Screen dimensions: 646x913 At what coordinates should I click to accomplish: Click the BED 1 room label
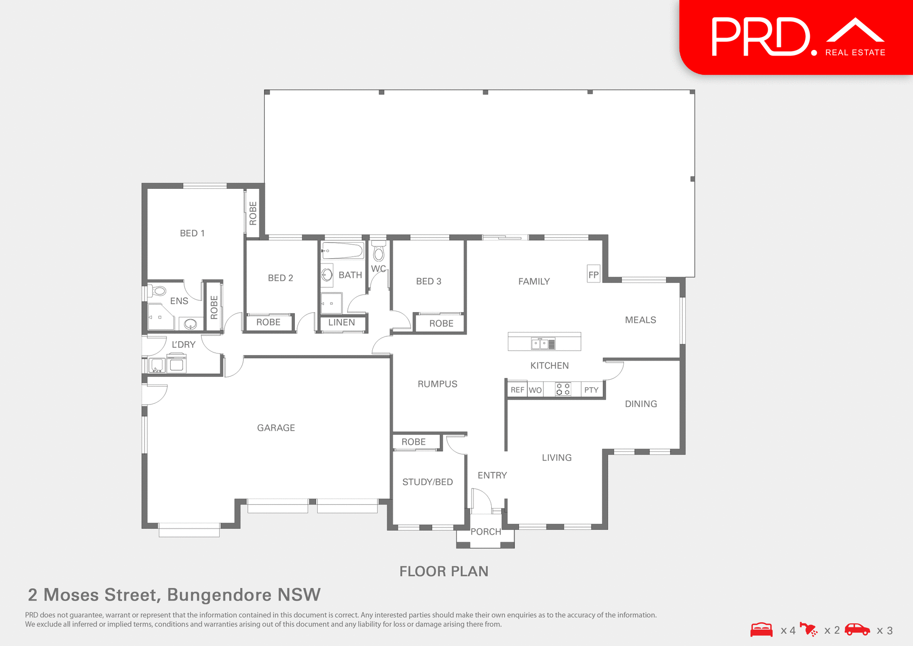point(192,233)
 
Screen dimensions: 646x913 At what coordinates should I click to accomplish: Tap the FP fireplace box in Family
point(593,274)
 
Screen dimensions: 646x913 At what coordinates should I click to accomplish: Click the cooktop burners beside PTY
point(563,389)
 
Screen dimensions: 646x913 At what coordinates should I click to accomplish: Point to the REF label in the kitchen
point(517,390)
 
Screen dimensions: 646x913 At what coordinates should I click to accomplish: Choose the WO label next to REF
point(535,390)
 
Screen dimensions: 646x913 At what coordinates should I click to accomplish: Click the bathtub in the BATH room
point(342,250)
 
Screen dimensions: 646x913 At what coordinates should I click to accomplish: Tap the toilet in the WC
point(379,252)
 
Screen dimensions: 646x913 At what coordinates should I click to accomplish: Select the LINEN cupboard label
point(341,322)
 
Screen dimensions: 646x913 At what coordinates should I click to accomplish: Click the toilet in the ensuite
point(158,291)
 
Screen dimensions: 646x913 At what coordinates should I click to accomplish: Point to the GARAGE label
point(276,428)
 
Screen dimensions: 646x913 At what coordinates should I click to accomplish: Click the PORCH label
point(486,531)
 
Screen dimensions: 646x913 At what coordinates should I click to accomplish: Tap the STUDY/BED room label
point(427,482)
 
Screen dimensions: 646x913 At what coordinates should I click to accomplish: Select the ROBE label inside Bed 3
point(441,323)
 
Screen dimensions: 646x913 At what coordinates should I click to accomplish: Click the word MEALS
point(640,320)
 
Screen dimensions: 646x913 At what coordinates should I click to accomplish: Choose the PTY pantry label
point(591,390)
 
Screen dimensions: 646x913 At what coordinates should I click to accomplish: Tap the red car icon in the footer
point(857,629)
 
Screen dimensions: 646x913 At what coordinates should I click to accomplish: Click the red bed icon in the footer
point(761,629)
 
